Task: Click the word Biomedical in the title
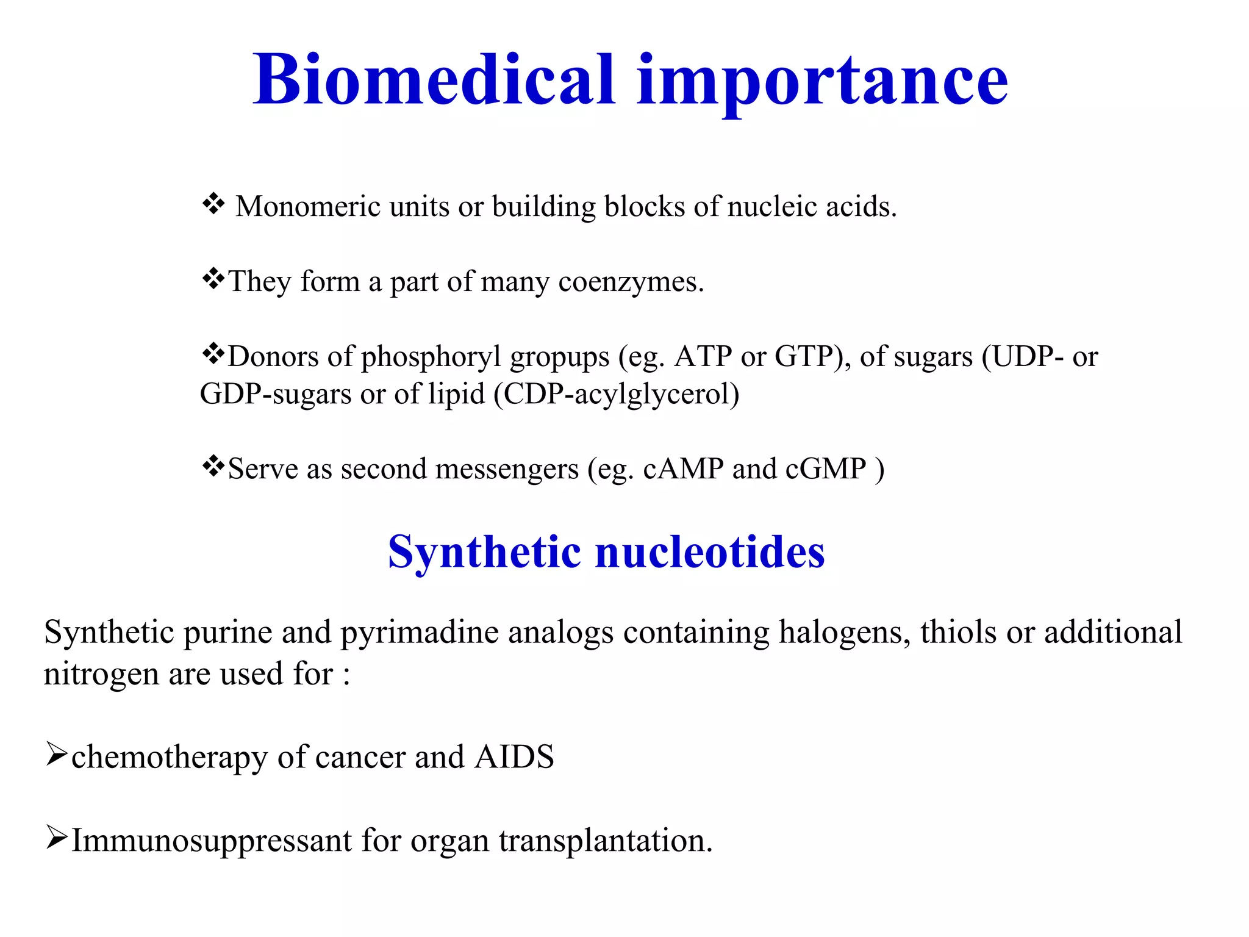click(x=434, y=81)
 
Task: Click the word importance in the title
click(x=822, y=81)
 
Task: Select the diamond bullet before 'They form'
click(x=213, y=279)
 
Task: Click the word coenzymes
click(x=631, y=282)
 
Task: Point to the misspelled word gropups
click(x=559, y=357)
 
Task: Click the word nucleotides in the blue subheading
click(x=709, y=552)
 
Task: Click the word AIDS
click(x=514, y=757)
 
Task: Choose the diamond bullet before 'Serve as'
click(x=213, y=467)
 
